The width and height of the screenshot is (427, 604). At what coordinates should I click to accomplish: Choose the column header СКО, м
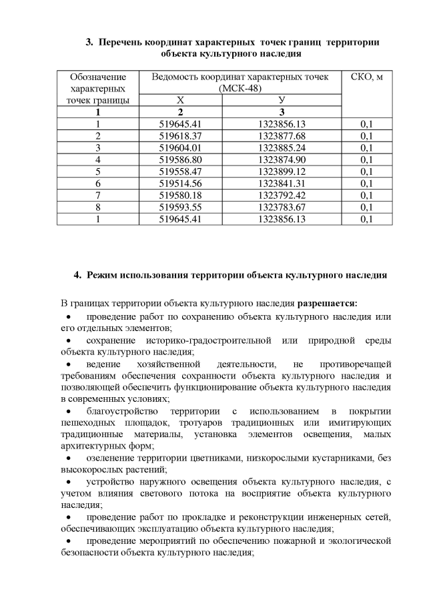point(366,77)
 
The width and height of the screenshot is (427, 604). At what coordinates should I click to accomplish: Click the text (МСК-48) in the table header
point(240,89)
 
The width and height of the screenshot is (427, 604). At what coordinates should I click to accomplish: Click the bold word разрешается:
point(327,304)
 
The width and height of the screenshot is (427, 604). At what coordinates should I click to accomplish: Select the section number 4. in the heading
point(77,274)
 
